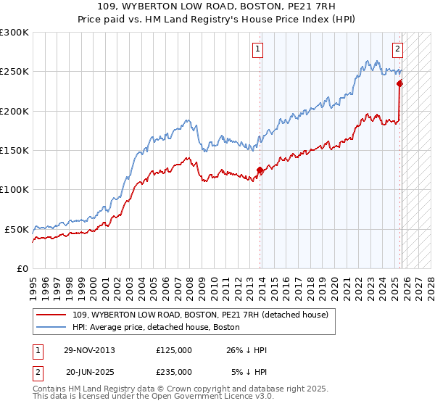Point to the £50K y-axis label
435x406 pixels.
point(17,229)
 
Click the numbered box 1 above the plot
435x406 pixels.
point(258,49)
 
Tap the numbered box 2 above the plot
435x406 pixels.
point(398,49)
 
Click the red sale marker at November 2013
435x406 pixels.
point(260,170)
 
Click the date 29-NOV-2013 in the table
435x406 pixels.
point(90,350)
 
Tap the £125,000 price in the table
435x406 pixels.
point(174,350)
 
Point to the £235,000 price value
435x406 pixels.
point(174,371)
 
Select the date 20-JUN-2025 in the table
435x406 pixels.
point(90,371)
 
